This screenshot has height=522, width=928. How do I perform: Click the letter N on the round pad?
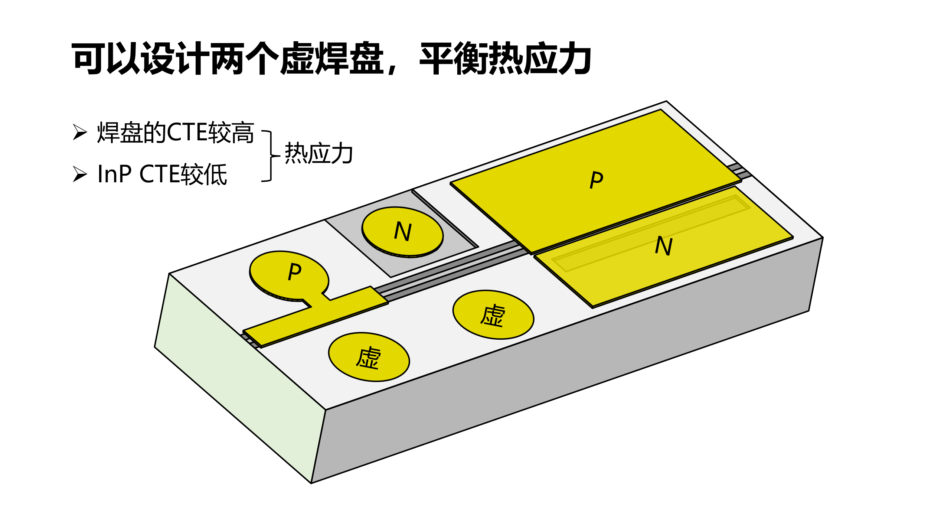click(403, 231)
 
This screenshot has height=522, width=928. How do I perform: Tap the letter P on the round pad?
click(295, 271)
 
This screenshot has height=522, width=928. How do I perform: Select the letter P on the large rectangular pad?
click(597, 180)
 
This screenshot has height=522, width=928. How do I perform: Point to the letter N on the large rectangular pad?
click(664, 246)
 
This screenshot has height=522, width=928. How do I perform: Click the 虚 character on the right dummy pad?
click(493, 316)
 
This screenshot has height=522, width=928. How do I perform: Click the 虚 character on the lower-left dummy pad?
click(369, 358)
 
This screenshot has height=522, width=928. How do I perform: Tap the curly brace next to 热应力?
click(271, 156)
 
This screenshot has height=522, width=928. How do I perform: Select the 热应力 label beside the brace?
click(318, 153)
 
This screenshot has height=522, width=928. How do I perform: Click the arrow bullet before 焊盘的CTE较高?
click(79, 132)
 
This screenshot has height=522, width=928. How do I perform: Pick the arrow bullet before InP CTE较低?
click(79, 174)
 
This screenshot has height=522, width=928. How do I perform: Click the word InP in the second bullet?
click(114, 174)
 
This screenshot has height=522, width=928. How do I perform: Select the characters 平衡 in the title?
click(454, 58)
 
